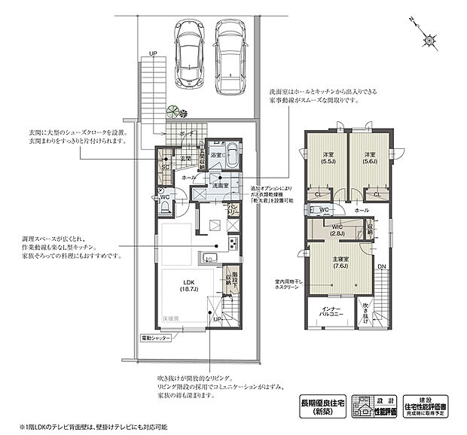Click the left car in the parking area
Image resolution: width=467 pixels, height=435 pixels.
(x=188, y=55)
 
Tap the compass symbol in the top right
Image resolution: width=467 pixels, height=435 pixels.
(x=427, y=38)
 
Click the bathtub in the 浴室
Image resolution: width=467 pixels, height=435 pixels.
(x=231, y=158)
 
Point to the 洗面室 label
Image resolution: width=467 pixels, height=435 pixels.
(x=220, y=184)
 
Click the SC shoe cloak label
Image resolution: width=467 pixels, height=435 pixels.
(x=166, y=168)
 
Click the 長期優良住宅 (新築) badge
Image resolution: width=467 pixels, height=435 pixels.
(x=319, y=406)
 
